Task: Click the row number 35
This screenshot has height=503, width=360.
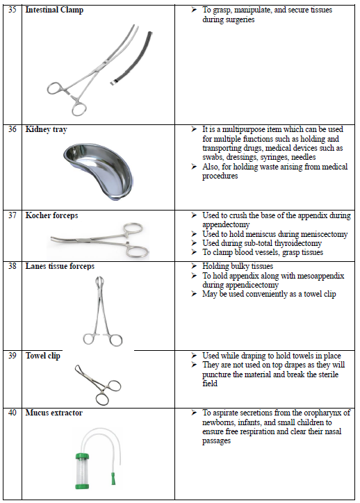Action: [13, 10]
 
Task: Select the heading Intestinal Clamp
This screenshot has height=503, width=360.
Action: [54, 10]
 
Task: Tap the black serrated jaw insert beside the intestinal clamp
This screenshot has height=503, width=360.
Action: [131, 58]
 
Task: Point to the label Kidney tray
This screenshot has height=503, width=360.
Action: [46, 129]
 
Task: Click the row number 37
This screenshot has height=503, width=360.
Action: [13, 215]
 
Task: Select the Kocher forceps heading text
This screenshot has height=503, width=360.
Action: [51, 215]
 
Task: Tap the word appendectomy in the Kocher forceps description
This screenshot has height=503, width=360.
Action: [226, 224]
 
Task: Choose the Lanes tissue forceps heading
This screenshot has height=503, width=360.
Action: [60, 266]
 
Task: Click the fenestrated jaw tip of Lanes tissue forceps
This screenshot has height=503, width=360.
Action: [99, 282]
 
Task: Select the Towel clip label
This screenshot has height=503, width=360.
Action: [42, 356]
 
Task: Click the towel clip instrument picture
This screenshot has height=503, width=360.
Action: [98, 385]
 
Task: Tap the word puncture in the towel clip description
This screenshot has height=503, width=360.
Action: [216, 374]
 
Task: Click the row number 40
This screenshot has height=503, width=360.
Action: [13, 413]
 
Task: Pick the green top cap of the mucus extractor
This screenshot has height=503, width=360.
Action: [82, 456]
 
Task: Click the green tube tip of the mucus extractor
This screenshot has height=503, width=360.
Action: [113, 478]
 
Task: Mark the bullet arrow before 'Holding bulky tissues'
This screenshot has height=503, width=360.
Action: [194, 266]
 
